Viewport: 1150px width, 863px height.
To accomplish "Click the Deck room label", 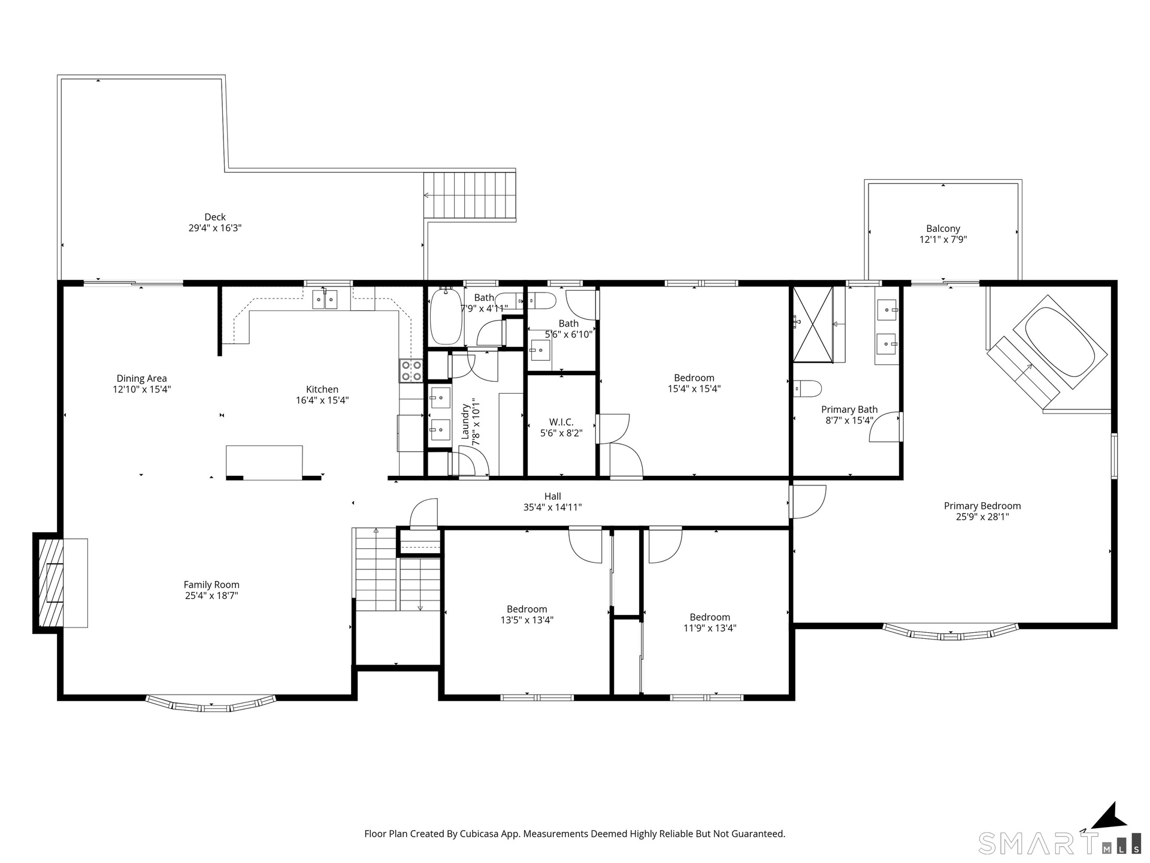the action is click(x=215, y=217).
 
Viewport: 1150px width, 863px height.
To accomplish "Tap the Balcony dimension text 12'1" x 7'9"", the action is click(x=943, y=239).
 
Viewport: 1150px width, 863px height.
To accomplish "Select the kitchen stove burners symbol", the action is click(x=411, y=370).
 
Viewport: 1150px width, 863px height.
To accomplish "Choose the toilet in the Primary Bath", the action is click(x=807, y=388).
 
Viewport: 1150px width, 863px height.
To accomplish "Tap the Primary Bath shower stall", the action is click(x=813, y=324).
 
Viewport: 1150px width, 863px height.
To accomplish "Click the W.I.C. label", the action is click(x=561, y=422).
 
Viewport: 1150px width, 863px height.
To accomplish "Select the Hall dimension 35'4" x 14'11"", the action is click(x=553, y=507).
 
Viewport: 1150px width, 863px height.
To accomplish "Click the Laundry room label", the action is click(x=465, y=421).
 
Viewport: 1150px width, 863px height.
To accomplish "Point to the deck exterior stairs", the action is click(x=470, y=196).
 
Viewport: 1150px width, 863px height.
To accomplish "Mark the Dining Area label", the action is click(x=142, y=378).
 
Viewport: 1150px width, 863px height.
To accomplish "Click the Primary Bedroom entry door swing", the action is click(x=808, y=502).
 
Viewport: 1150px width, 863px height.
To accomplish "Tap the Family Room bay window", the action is click(x=211, y=703).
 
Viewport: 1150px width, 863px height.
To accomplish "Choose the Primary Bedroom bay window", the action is click(x=951, y=632).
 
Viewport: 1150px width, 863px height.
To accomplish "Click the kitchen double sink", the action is click(x=325, y=299).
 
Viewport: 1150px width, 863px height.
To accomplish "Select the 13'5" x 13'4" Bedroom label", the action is click(x=527, y=609).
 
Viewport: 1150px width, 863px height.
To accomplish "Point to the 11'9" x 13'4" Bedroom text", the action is click(x=710, y=617).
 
